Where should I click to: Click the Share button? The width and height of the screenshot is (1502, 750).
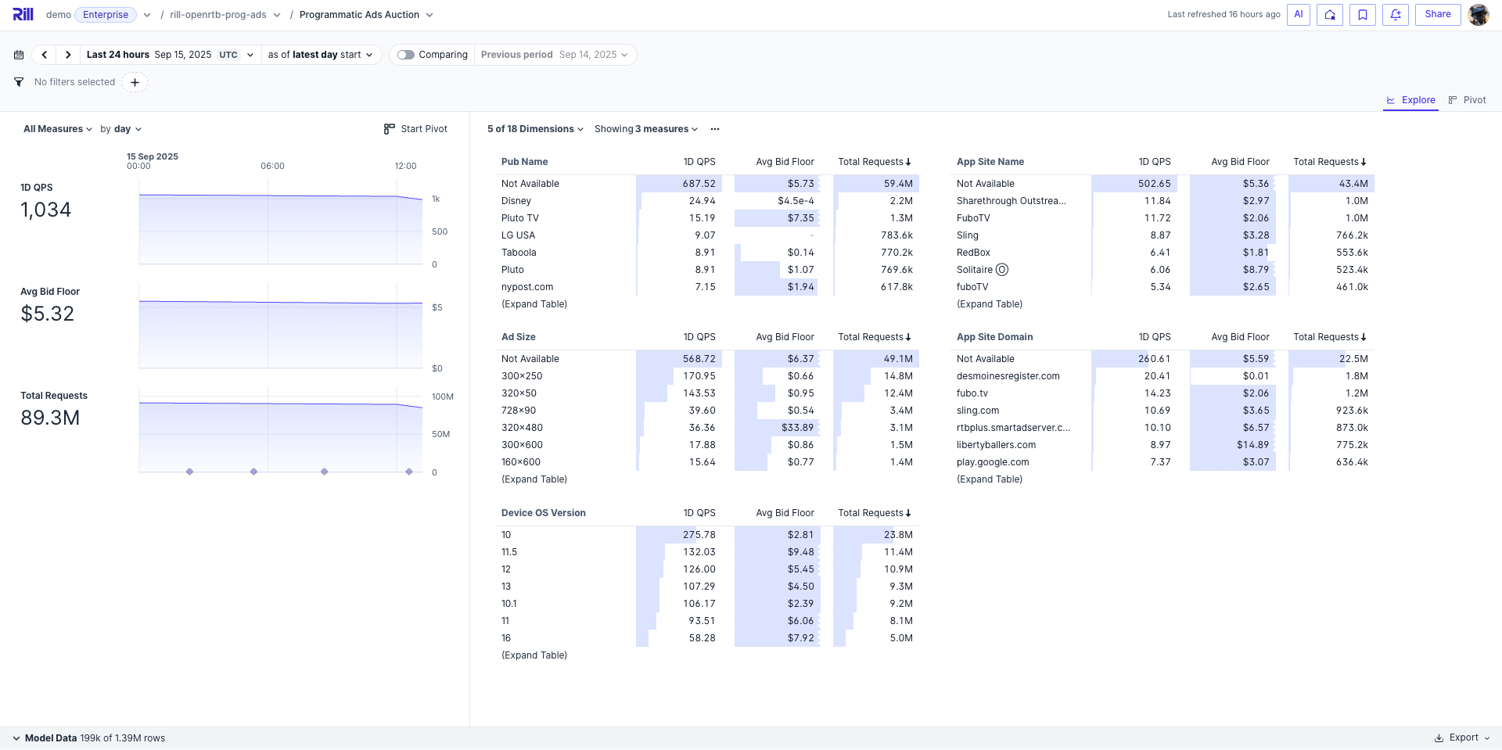(1437, 15)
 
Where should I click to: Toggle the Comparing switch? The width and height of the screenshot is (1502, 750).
(406, 55)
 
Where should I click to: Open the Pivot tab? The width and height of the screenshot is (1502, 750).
(1468, 100)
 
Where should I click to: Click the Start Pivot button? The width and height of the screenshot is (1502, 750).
(416, 129)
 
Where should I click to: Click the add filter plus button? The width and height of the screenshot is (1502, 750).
(135, 82)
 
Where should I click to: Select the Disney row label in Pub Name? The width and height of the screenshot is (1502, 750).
(516, 201)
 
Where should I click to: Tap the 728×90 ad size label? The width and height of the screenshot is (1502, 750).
(519, 411)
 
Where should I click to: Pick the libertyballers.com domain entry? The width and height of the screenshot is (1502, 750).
(996, 445)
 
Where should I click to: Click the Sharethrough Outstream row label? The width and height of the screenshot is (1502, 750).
(1011, 201)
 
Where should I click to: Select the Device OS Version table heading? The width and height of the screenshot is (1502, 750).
(543, 513)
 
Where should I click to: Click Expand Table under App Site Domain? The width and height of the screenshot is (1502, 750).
(989, 479)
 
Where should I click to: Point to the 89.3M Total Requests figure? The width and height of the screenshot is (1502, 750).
(50, 418)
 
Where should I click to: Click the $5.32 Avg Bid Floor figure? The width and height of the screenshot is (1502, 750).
(48, 314)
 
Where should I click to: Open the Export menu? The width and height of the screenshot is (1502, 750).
(1462, 737)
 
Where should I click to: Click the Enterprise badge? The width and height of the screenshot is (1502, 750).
(106, 15)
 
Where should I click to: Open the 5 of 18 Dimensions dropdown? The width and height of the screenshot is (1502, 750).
(535, 129)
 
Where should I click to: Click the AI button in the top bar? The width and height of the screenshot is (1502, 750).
(1298, 15)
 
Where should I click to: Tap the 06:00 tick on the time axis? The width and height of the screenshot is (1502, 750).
(272, 166)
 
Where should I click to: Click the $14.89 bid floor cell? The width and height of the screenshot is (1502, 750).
(1252, 445)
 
